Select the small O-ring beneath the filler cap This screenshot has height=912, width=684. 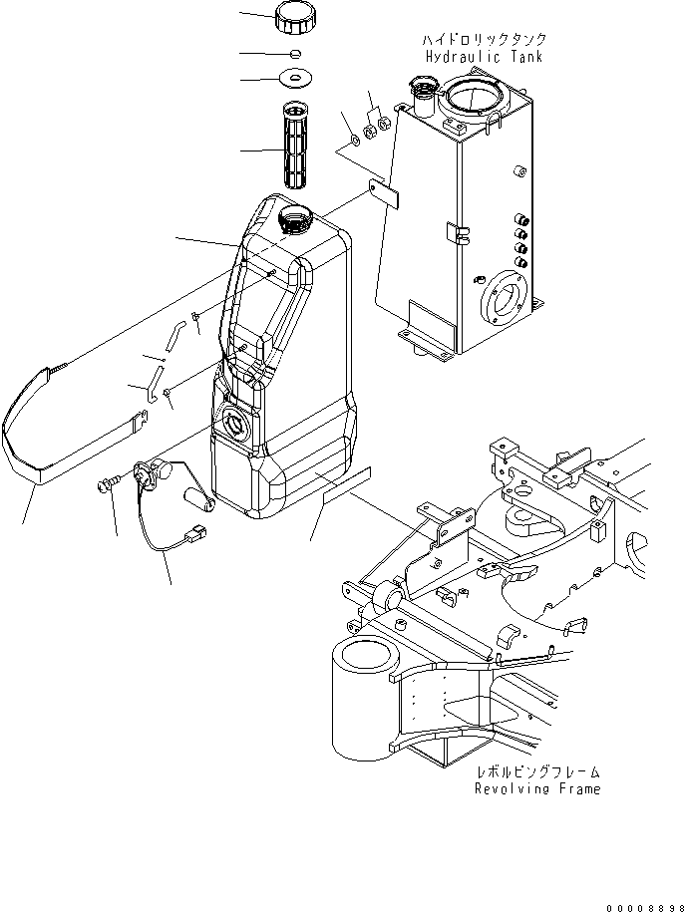296,53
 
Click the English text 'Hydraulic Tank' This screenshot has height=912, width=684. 484,57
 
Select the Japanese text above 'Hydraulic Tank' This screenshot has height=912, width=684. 484,39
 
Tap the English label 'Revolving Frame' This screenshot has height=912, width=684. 536,789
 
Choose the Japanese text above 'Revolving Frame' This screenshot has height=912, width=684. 536,771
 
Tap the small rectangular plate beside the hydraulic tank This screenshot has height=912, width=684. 384,191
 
